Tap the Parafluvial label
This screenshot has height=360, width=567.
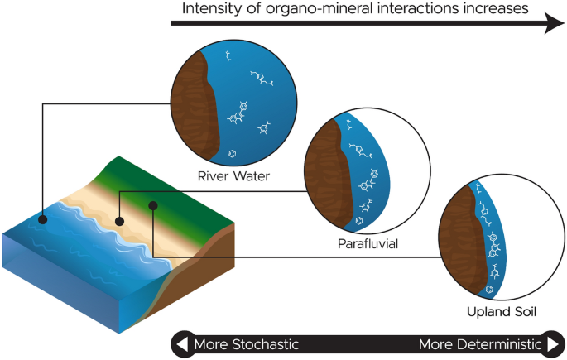click(367, 243)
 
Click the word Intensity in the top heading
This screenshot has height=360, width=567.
click(204, 10)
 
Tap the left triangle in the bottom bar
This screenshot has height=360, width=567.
click(180, 344)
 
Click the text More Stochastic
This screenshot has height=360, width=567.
click(246, 344)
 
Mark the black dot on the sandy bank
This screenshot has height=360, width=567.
click(121, 221)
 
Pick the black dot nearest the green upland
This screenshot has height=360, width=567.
click(152, 204)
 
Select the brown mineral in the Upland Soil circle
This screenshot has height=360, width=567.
click(459, 244)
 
